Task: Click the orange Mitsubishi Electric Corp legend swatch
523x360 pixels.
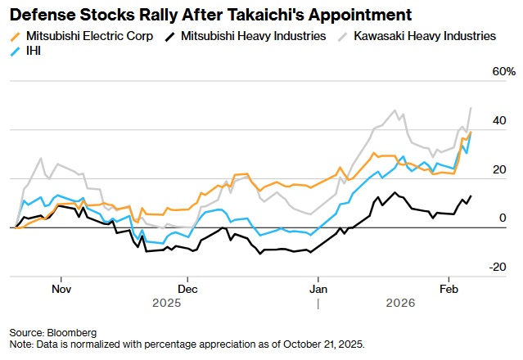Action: click(x=17, y=36)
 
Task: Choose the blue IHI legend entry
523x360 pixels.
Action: click(x=31, y=51)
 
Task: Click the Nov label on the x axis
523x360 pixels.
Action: click(x=61, y=289)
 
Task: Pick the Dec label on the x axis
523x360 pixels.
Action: click(x=187, y=289)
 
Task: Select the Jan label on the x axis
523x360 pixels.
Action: click(x=318, y=289)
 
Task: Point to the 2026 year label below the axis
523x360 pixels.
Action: click(x=400, y=303)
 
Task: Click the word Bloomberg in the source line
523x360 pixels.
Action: click(x=74, y=333)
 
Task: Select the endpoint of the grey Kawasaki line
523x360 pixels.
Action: click(x=471, y=108)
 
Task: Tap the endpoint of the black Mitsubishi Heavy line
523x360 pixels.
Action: click(x=471, y=196)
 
